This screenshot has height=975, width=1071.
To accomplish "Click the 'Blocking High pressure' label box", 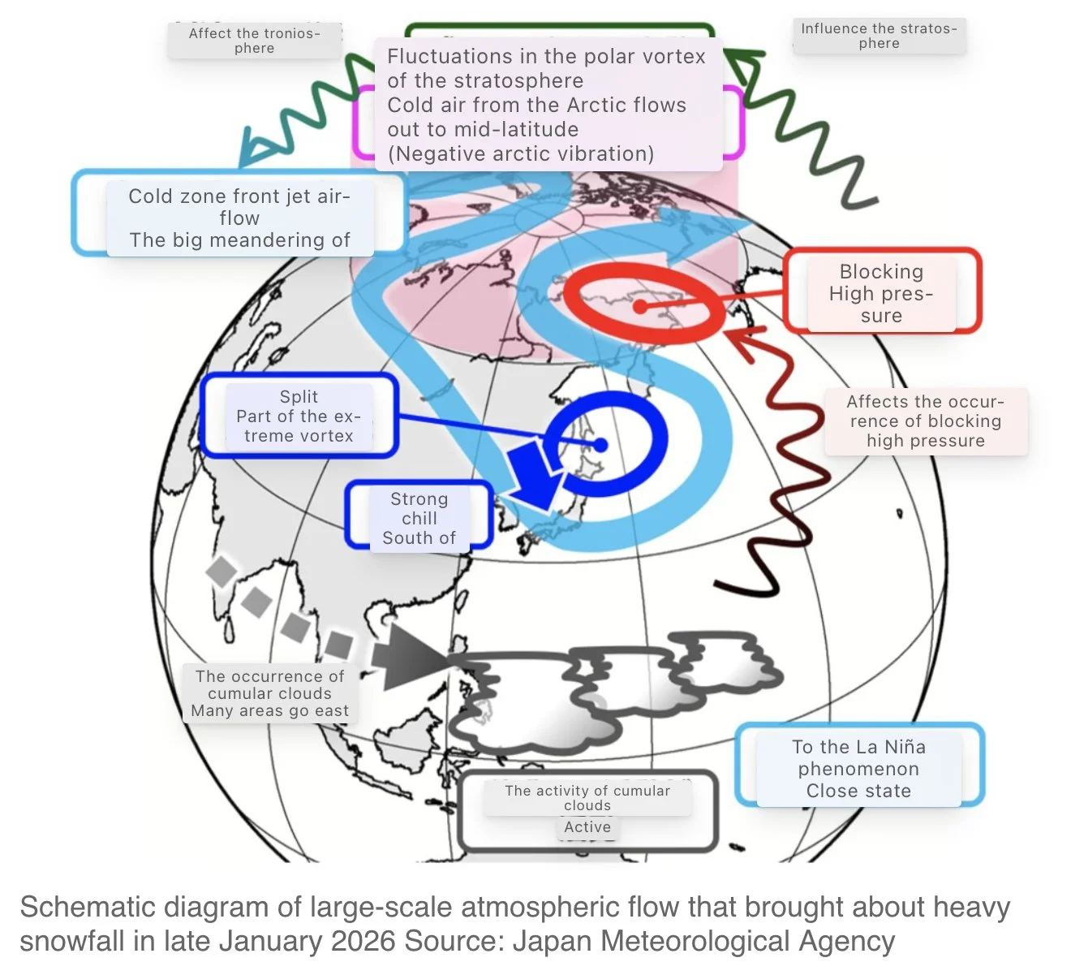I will (x=881, y=293).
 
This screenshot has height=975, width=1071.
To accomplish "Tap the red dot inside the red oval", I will (x=640, y=307).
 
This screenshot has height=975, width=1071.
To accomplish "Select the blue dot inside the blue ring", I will (x=600, y=445).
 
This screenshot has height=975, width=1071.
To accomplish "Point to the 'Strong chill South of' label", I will (x=419, y=518).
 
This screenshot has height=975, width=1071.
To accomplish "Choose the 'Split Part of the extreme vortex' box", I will (x=299, y=416).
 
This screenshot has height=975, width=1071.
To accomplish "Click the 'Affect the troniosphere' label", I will (x=254, y=41).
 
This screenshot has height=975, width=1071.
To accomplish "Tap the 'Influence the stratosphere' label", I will (x=880, y=36).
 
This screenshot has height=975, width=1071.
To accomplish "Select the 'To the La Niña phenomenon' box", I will (x=858, y=768).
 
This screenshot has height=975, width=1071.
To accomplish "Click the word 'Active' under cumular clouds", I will (x=587, y=826).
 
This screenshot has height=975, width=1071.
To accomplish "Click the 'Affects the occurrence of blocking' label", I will (x=926, y=421).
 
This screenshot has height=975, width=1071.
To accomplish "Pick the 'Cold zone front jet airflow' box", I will (x=239, y=218).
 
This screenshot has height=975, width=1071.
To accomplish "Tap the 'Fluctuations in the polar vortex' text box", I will (x=547, y=105).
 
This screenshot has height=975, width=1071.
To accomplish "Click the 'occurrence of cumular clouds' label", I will (x=270, y=693).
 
